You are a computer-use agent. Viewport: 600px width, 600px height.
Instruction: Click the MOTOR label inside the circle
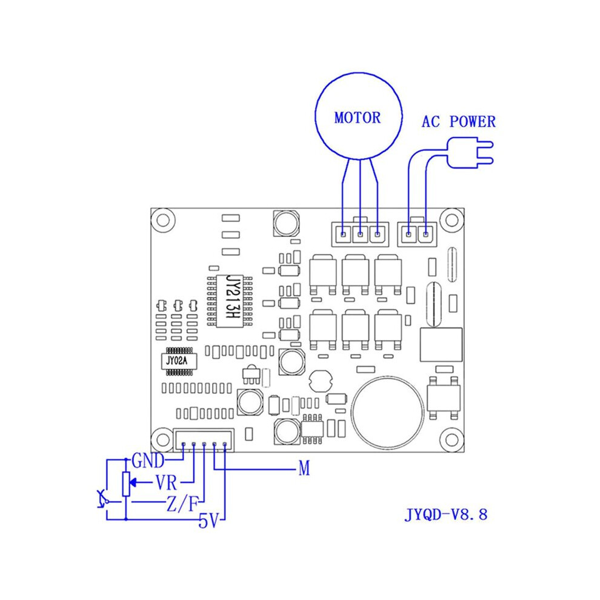pyautogui.click(x=358, y=118)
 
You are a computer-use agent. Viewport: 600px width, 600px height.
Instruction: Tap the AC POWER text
pyautogui.click(x=458, y=122)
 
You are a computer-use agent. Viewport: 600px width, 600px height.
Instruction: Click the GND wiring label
pyautogui.click(x=148, y=461)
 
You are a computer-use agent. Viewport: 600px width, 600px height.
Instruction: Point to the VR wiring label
pyautogui.click(x=167, y=482)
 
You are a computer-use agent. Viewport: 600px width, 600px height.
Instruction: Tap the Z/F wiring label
pyautogui.click(x=182, y=504)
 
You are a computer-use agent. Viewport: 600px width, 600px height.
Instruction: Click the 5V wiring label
pyautogui.click(x=208, y=521)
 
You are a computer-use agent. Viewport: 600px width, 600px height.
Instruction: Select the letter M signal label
pyautogui.click(x=304, y=468)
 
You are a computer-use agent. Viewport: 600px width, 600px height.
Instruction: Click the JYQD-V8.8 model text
pyautogui.click(x=446, y=515)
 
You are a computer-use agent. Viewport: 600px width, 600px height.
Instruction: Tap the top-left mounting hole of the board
pyautogui.click(x=163, y=221)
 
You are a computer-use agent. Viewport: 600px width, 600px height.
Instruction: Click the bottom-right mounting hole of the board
pyautogui.click(x=452, y=439)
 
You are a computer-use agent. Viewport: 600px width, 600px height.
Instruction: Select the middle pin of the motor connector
pyautogui.click(x=360, y=234)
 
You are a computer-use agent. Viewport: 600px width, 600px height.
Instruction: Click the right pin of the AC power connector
pyautogui.click(x=425, y=234)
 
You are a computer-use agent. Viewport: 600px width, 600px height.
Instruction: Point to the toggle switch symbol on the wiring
pyautogui.click(x=102, y=499)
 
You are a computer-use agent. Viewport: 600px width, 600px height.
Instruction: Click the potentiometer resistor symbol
pyautogui.click(x=126, y=484)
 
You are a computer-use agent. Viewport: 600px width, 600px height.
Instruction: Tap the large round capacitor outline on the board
pyautogui.click(x=388, y=413)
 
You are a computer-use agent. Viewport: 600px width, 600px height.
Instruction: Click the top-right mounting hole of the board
pyautogui.click(x=452, y=221)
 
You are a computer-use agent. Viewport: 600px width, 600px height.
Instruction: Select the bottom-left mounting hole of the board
pyautogui.click(x=163, y=439)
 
